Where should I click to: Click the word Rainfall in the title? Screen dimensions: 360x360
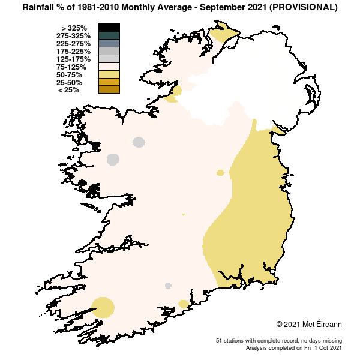[x=41, y=8]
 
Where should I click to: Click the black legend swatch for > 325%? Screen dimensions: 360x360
[x=109, y=28]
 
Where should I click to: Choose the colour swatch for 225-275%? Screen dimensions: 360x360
[x=109, y=43]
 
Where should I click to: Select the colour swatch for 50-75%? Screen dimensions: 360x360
[x=109, y=74]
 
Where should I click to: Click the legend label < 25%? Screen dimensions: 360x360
[x=68, y=91]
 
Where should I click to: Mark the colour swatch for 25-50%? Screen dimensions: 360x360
[x=109, y=82]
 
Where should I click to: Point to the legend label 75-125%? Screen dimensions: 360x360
[x=75, y=67]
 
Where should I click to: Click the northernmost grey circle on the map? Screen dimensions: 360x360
[x=139, y=142]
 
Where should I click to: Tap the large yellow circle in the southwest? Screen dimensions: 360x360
[x=103, y=307]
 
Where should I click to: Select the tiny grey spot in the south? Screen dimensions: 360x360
[x=168, y=286]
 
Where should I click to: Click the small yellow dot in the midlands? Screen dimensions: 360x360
[x=220, y=173]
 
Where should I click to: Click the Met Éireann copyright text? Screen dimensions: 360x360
[x=309, y=325]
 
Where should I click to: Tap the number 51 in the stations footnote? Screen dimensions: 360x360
[x=219, y=341]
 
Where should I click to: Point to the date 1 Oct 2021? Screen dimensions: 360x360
[x=328, y=348]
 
